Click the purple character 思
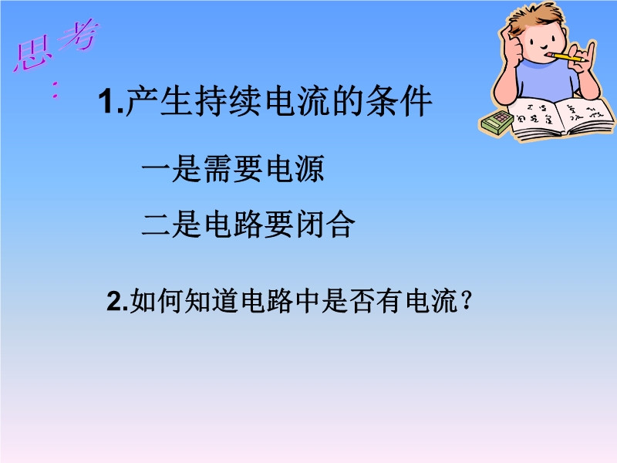[32, 53]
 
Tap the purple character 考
[79, 35]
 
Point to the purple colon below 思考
[56, 90]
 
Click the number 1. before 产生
[111, 102]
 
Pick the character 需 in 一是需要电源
[218, 168]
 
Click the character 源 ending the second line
[310, 168]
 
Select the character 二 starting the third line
[156, 225]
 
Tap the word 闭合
[325, 225]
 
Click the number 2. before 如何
[118, 302]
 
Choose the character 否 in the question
[362, 301]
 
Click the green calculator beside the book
[496, 123]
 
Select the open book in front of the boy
[560, 118]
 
